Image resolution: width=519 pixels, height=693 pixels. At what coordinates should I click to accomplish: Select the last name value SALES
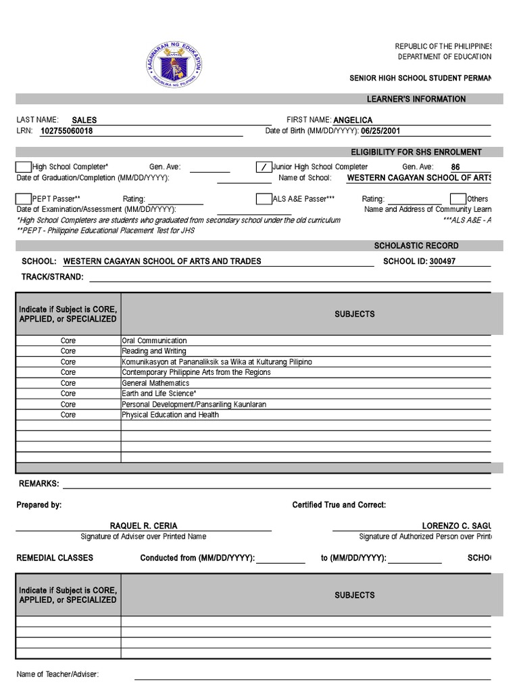pyautogui.click(x=84, y=120)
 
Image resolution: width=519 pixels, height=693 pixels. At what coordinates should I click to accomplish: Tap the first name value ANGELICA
pyautogui.click(x=353, y=120)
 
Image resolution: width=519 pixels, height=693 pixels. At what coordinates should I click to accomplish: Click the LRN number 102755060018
pyautogui.click(x=67, y=131)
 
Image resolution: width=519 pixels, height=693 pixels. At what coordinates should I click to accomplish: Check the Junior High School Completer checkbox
pyautogui.click(x=264, y=167)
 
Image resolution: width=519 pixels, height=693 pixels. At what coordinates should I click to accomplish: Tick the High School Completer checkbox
pyautogui.click(x=24, y=167)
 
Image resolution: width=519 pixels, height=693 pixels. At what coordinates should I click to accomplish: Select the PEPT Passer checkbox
pyautogui.click(x=24, y=199)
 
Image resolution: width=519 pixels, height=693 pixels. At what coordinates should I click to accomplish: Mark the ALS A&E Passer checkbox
pyautogui.click(x=264, y=199)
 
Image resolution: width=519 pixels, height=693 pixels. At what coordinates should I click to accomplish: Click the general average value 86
pyautogui.click(x=455, y=167)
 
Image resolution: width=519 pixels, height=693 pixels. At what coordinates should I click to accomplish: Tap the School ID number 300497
pyautogui.click(x=442, y=261)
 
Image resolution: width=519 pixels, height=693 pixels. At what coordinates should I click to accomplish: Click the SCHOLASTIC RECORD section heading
pyautogui.click(x=416, y=246)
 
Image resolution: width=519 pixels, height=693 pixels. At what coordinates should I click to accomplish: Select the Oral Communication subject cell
pyautogui.click(x=154, y=340)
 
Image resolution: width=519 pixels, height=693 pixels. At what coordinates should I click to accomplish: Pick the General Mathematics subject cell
pyautogui.click(x=155, y=383)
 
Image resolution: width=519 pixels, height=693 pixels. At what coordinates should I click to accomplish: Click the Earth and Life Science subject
pyautogui.click(x=159, y=393)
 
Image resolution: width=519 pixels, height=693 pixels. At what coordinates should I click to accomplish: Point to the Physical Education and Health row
pyautogui.click(x=170, y=415)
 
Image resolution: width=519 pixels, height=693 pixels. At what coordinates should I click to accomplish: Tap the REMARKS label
pyautogui.click(x=39, y=484)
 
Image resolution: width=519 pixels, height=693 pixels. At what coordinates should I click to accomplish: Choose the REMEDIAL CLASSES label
pyautogui.click(x=55, y=558)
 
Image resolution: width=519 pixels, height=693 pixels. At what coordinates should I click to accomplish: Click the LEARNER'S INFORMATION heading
pyautogui.click(x=416, y=99)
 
